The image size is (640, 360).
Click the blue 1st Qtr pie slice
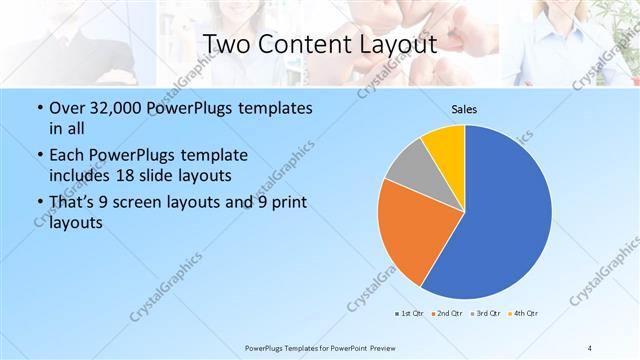click(x=505, y=215)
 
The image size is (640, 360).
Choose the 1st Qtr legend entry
click(x=409, y=314)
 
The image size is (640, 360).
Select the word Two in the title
click(x=226, y=45)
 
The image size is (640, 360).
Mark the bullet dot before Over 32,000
click(x=38, y=108)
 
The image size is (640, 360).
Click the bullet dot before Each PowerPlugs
click(x=38, y=156)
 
